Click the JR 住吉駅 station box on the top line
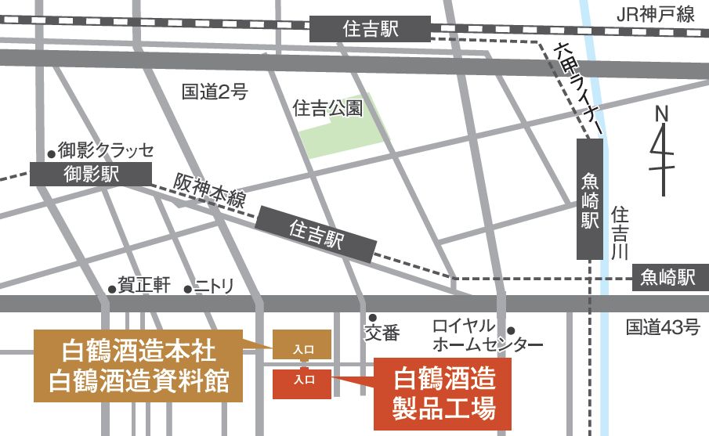pyautogui.click(x=370, y=30)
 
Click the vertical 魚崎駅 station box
pyautogui.click(x=590, y=199)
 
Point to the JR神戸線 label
pyautogui.click(x=657, y=13)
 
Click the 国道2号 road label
pyautogui.click(x=215, y=92)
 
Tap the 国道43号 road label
pyautogui.click(x=663, y=328)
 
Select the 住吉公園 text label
pyautogui.click(x=327, y=108)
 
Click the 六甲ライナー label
pyautogui.click(x=577, y=86)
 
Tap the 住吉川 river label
pyautogui.click(x=620, y=232)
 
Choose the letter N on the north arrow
pyautogui.click(x=662, y=114)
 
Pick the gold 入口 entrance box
pyautogui.click(x=302, y=345)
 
